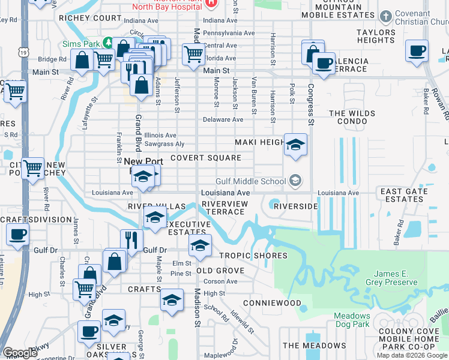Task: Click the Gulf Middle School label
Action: tap(251, 181)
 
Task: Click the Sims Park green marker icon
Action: tap(107, 42)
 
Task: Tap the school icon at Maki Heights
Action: tap(295, 144)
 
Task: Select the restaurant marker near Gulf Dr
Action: tap(131, 239)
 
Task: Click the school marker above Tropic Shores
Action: tap(200, 244)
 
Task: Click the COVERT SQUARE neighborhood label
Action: tap(206, 158)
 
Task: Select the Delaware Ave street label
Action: tap(223, 119)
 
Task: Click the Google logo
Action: tap(20, 353)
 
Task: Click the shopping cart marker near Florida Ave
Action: tap(193, 53)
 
